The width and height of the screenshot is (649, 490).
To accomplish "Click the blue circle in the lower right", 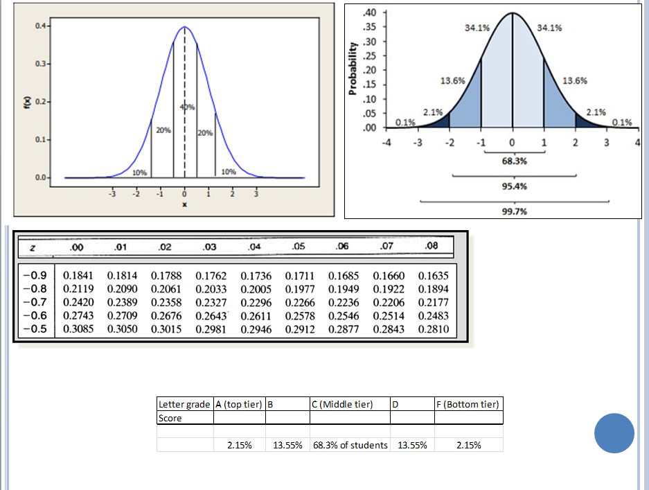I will (614, 433).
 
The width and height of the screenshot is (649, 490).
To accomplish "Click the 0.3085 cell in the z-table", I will (78, 329).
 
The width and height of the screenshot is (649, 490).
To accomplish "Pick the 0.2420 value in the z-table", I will (78, 303).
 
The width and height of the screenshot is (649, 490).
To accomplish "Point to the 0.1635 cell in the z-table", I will (434, 277).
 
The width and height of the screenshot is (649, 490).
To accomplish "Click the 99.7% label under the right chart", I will (513, 211).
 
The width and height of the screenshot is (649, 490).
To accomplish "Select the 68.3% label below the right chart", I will (513, 161).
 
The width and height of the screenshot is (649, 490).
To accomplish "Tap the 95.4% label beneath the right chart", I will (513, 186).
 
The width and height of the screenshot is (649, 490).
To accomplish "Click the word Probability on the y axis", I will (353, 67).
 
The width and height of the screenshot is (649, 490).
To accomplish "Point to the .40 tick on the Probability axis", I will (370, 12).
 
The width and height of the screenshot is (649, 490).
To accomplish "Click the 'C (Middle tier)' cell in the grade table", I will (343, 404).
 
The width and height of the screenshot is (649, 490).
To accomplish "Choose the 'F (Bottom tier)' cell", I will (468, 404).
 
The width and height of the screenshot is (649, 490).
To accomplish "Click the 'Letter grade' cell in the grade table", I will (185, 404).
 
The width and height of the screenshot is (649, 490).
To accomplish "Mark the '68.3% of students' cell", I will (350, 445).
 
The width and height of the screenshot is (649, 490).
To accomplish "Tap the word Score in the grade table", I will (170, 418).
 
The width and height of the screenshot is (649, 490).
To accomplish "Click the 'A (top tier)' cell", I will (239, 404).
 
